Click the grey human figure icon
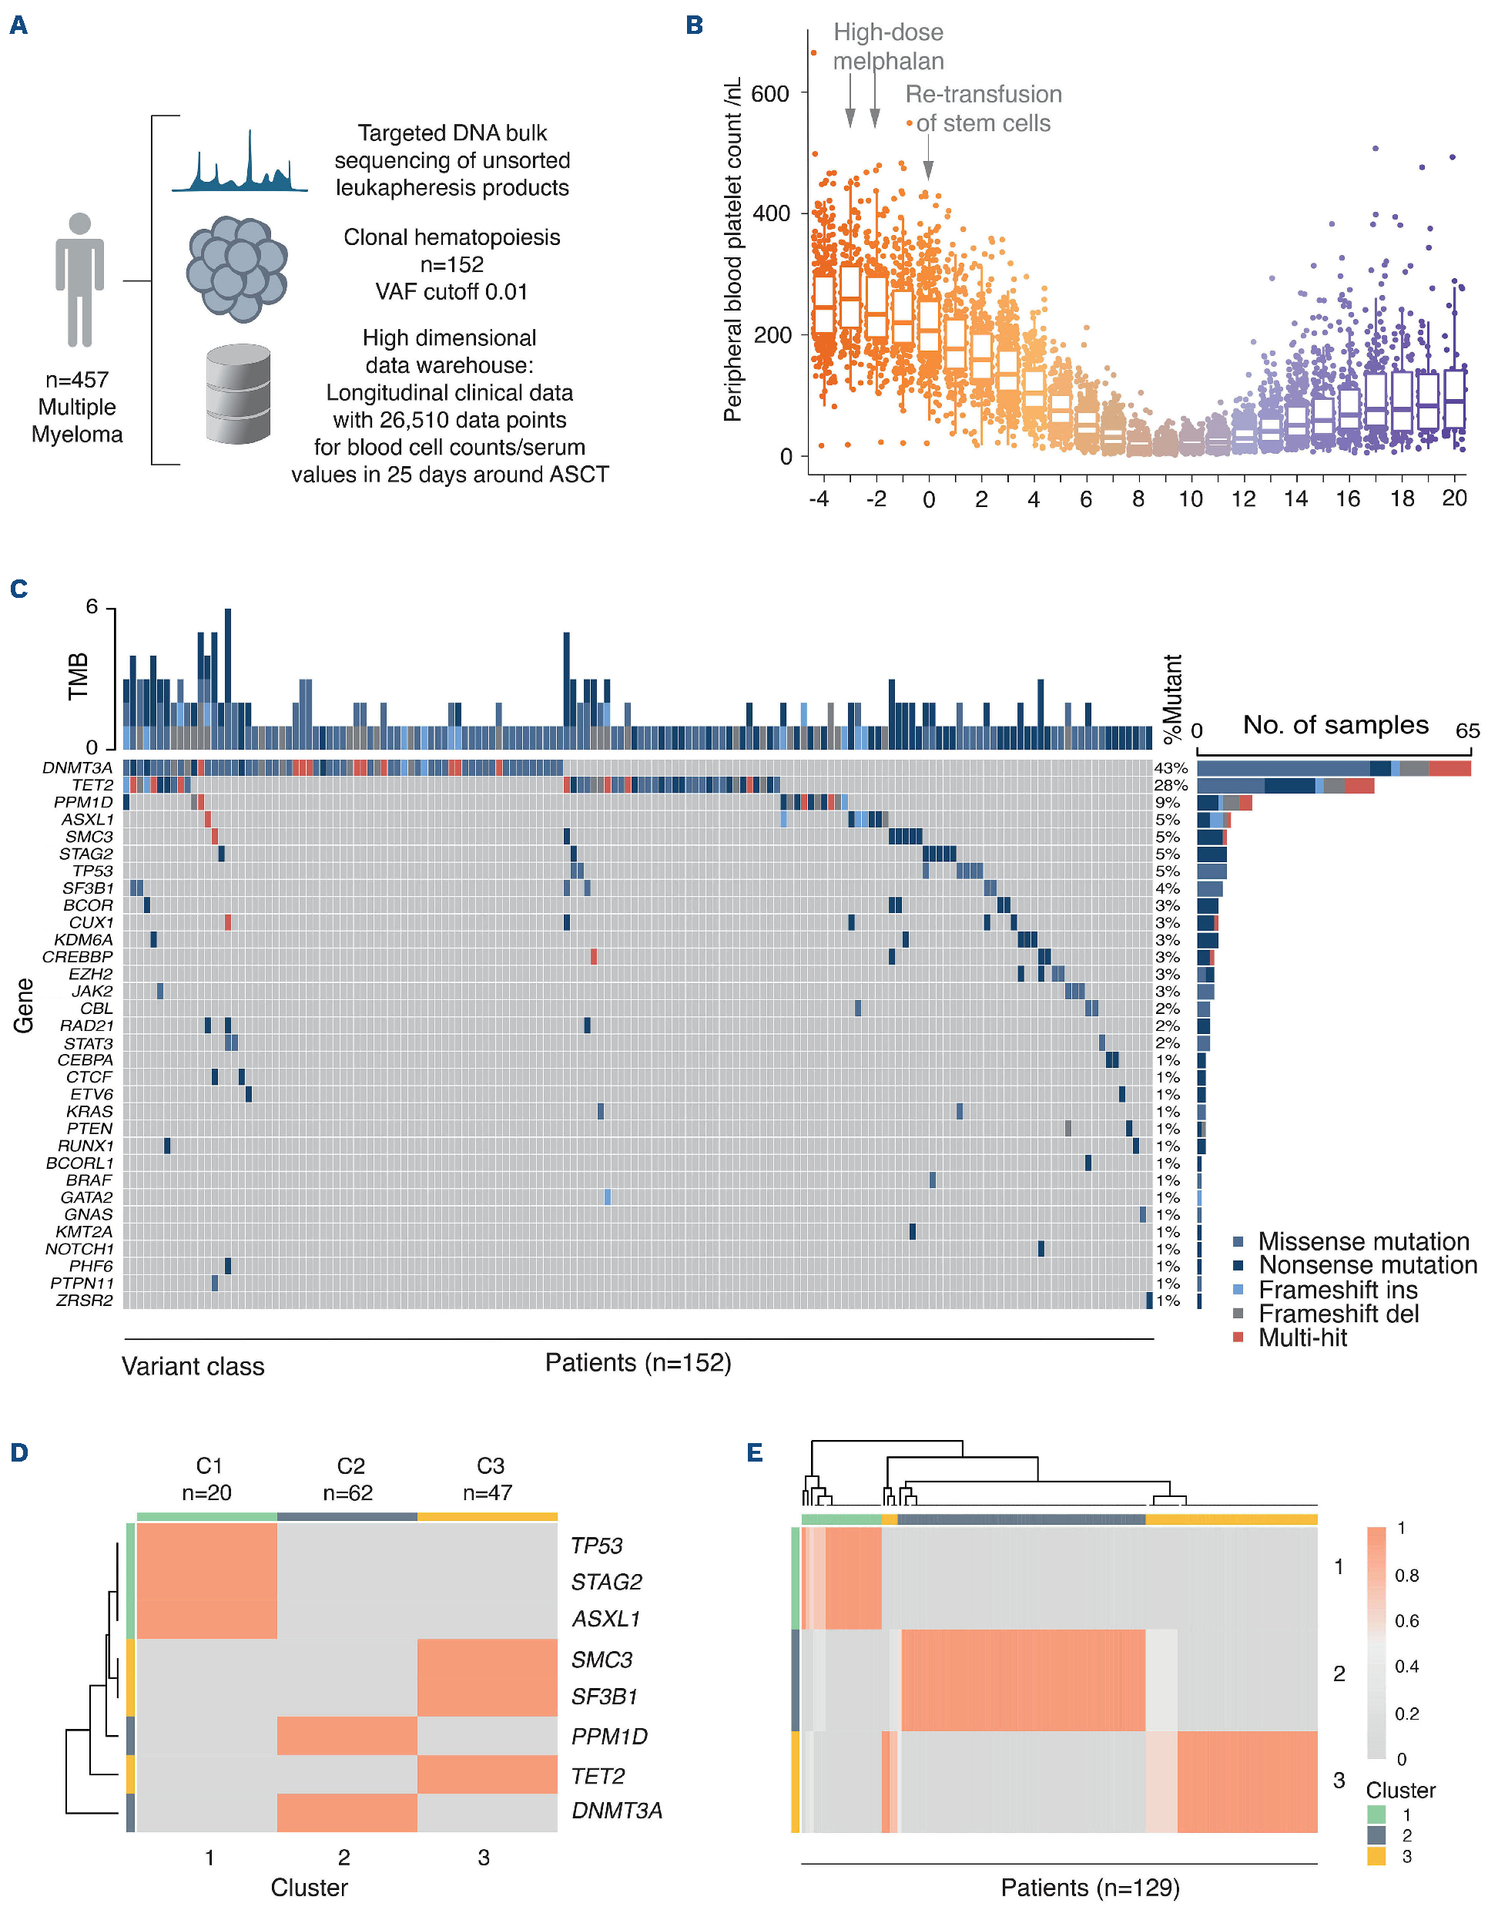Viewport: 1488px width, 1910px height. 79,279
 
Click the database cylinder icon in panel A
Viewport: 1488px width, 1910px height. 238,394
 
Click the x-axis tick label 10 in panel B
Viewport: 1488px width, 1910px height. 1190,499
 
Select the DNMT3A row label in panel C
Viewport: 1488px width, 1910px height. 78,768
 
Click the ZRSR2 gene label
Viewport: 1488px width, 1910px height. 85,1301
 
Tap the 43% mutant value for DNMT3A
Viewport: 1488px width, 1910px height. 1171,768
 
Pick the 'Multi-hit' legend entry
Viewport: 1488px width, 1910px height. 1302,1338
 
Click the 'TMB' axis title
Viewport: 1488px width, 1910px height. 79,676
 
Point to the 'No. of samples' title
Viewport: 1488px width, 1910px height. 1335,725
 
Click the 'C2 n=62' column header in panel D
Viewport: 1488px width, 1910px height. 349,1479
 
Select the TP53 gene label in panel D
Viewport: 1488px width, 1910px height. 596,1546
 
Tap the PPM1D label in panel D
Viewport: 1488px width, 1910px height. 608,1736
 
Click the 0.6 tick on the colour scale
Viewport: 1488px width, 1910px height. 1406,1620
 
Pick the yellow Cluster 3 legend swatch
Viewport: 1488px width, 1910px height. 1376,1856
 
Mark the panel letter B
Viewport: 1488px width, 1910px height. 694,25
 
